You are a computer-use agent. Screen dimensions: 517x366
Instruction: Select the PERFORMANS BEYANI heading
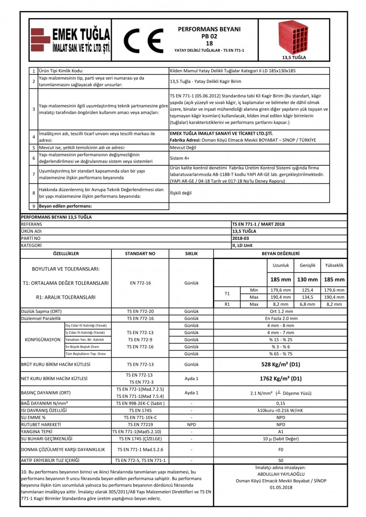(x=209, y=29)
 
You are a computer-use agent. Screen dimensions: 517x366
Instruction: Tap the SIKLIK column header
(x=192, y=253)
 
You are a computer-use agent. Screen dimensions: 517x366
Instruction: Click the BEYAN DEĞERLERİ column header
(x=281, y=253)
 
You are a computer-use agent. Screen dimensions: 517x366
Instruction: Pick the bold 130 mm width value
(x=307, y=280)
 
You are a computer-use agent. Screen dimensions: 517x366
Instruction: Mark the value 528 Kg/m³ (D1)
(x=281, y=365)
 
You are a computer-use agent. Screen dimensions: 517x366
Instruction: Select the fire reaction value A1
(x=281, y=431)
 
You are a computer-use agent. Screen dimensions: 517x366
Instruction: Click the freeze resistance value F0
(x=281, y=450)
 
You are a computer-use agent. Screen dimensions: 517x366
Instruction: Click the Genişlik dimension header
(x=307, y=265)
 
